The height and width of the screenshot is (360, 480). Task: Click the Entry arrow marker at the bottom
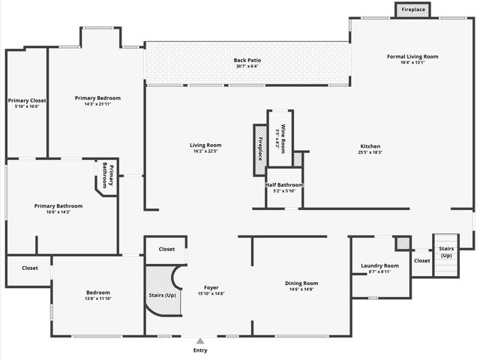point(200,341)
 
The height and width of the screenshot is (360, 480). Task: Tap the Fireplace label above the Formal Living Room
point(413,10)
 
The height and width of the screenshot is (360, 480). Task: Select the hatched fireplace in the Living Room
point(260,149)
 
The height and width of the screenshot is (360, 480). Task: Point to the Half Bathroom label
point(284,184)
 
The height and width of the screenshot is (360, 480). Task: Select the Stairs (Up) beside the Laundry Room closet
point(446,251)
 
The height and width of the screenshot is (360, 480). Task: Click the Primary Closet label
point(27,100)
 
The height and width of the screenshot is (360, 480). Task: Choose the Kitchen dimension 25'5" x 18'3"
point(370,152)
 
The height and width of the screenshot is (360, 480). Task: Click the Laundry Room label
point(379,265)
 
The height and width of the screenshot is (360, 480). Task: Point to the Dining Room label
point(301,283)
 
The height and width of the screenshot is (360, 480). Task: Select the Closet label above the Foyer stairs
point(166,249)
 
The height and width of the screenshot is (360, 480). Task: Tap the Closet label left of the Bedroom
point(29,268)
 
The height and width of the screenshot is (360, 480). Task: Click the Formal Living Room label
point(412,56)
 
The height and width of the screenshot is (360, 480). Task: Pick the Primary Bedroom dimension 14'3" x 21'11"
point(97,104)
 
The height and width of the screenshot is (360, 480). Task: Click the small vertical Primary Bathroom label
point(107,178)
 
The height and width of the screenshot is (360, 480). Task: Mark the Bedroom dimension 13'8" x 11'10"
point(97,298)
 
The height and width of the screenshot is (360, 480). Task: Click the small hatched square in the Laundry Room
point(403,243)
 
